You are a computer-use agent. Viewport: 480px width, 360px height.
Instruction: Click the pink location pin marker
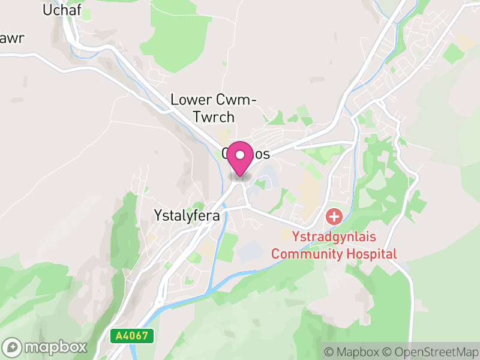(x=240, y=158)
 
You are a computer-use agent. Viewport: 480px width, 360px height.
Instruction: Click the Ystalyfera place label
(x=187, y=215)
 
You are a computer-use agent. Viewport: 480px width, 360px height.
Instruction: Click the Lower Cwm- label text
(x=214, y=100)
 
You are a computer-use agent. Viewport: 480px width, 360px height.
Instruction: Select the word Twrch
(x=214, y=116)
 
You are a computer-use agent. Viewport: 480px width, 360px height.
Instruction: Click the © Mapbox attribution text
(x=354, y=352)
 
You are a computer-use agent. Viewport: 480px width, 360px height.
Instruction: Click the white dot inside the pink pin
(x=240, y=155)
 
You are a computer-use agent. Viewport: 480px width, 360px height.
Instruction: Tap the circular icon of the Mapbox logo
(x=13, y=347)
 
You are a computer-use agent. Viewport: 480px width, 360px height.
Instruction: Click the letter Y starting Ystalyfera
(x=158, y=215)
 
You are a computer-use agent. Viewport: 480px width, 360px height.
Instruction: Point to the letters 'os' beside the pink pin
(x=262, y=154)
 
